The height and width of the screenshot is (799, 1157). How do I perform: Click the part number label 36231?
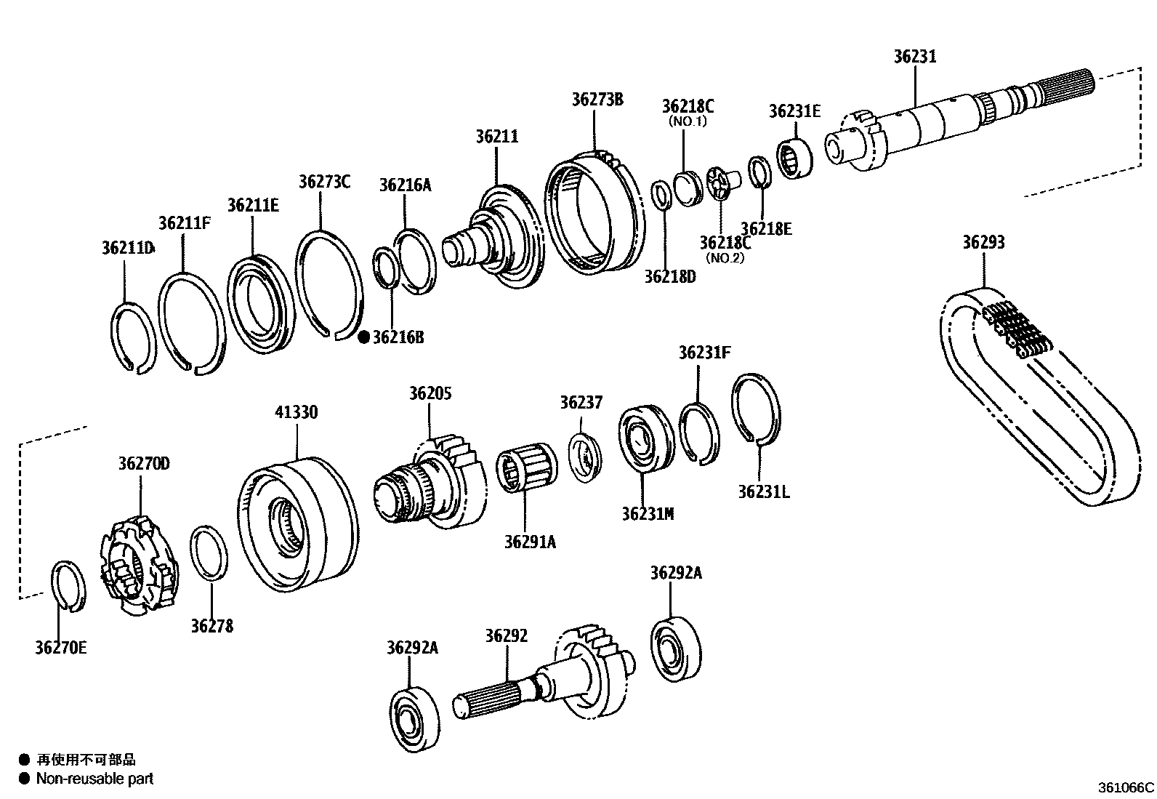(914, 57)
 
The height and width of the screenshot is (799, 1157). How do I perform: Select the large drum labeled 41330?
(298, 523)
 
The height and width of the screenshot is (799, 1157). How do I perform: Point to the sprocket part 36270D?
(138, 567)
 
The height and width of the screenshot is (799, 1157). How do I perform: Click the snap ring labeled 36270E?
(70, 586)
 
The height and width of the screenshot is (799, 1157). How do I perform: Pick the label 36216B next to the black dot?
(398, 337)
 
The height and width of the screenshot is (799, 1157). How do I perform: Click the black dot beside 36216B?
(364, 337)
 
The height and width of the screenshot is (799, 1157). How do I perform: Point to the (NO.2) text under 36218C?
(725, 257)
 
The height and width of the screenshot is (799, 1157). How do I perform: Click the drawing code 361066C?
(1125, 787)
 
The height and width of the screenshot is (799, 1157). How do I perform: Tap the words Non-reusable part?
(96, 779)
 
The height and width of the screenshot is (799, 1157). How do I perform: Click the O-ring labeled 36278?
(210, 554)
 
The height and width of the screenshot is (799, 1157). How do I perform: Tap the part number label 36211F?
(185, 222)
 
